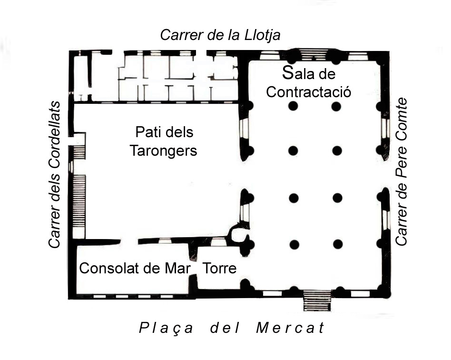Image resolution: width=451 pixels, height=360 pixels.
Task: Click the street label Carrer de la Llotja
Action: pyautogui.click(x=220, y=35)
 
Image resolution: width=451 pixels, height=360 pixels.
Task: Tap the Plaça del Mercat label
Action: pyautogui.click(x=232, y=328)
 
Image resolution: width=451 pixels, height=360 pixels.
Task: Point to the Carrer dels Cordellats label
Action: pyautogui.click(x=55, y=175)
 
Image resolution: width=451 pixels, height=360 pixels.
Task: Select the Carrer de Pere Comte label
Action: pyautogui.click(x=401, y=172)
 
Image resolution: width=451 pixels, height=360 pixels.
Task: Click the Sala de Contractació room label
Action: pyautogui.click(x=309, y=82)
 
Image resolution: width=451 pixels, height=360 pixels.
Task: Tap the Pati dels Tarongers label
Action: pyautogui.click(x=163, y=141)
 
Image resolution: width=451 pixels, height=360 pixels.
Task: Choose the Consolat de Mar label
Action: pyautogui.click(x=135, y=269)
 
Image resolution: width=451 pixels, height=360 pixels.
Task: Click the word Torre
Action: pyautogui.click(x=220, y=269)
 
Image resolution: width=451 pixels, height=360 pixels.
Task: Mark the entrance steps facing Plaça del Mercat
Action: pyautogui.click(x=317, y=300)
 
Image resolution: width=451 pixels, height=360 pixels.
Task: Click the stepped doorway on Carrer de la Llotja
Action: pyautogui.click(x=314, y=54)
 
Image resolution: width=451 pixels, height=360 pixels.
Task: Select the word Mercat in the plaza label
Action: pyautogui.click(x=291, y=328)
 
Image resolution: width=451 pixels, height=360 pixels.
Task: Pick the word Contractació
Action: pyautogui.click(x=309, y=92)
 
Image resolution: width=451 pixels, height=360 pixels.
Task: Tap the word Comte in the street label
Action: pyautogui.click(x=401, y=115)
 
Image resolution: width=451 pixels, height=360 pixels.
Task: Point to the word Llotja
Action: pyautogui.click(x=262, y=36)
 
